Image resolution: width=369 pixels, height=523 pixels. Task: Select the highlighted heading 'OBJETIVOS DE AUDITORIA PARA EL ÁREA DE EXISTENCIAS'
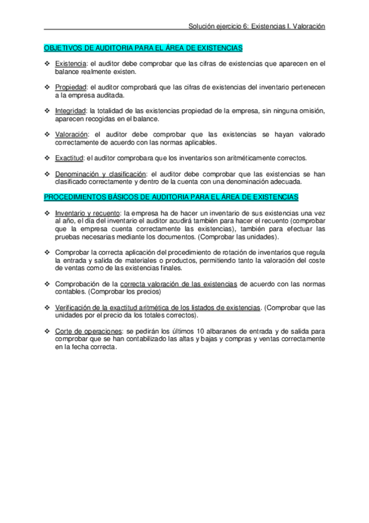tap(143, 47)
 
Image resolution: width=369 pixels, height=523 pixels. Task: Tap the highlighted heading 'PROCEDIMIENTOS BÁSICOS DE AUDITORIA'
tap(171, 197)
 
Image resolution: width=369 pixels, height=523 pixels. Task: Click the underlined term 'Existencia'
tap(70, 64)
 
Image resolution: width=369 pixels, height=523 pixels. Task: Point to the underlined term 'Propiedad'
tap(70, 88)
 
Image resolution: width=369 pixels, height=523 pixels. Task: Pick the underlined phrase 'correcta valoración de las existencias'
tap(178, 284)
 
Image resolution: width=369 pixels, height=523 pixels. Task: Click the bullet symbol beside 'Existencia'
tap(47, 64)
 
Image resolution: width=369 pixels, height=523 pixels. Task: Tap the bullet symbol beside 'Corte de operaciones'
tap(47, 331)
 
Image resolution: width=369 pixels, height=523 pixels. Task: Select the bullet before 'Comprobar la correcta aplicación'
tap(47, 252)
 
